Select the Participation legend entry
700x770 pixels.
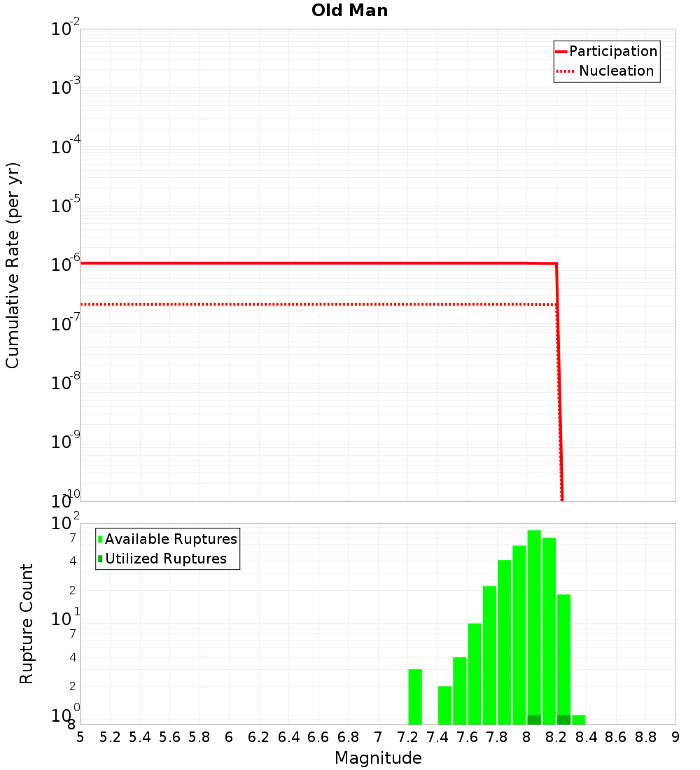click(x=612, y=51)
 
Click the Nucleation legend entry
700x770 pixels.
click(x=616, y=71)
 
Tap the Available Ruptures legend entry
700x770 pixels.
click(x=171, y=539)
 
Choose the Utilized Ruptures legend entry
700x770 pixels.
click(x=165, y=559)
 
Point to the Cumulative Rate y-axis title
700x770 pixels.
click(x=13, y=265)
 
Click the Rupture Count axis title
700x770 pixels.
click(x=27, y=623)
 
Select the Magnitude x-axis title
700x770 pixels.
click(x=378, y=758)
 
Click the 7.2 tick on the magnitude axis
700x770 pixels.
click(x=407, y=737)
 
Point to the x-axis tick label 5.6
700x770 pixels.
click(x=169, y=737)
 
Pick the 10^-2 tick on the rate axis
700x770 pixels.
click(x=66, y=29)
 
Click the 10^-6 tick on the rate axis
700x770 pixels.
click(x=66, y=265)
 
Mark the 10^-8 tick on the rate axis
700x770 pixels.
click(x=66, y=383)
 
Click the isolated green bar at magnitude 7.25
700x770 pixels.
click(x=415, y=696)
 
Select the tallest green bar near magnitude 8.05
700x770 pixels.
click(x=534, y=623)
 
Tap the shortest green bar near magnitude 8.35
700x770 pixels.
click(x=579, y=720)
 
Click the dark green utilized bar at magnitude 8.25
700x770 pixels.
click(x=563, y=720)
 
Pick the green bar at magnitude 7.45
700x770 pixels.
click(x=444, y=705)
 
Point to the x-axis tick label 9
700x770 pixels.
click(x=675, y=737)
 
